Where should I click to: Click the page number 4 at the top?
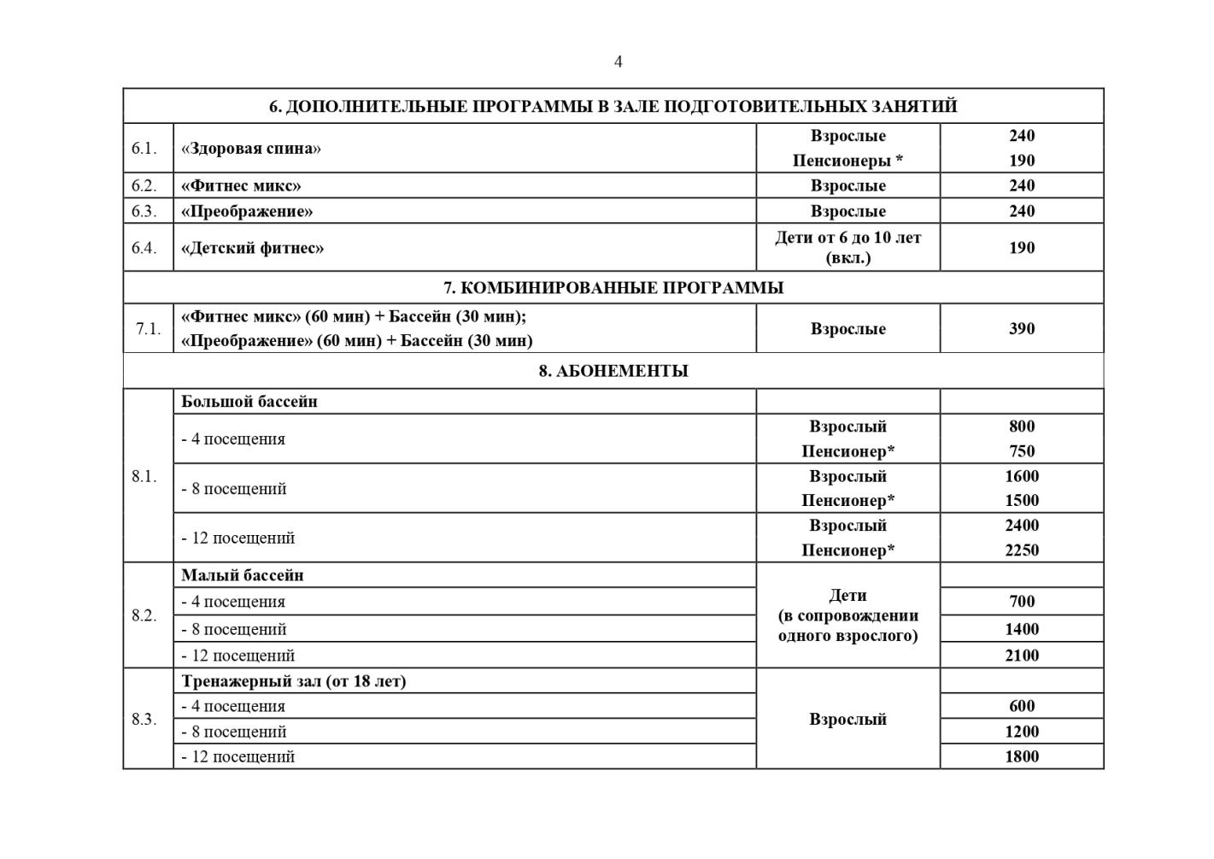(x=618, y=62)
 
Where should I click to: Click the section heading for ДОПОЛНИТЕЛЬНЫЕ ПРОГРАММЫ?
(x=613, y=107)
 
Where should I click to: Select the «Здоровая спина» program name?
(x=250, y=148)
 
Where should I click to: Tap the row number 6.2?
(x=144, y=185)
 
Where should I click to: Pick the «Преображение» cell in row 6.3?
(x=247, y=211)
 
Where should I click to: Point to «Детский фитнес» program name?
(x=252, y=248)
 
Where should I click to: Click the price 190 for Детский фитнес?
(x=1021, y=248)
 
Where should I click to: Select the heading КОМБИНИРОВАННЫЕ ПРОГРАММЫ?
(x=613, y=288)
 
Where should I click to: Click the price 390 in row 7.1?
(x=1021, y=329)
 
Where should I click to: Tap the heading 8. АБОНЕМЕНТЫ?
(x=613, y=371)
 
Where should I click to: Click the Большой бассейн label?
(x=249, y=402)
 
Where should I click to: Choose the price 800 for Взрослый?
(x=1021, y=427)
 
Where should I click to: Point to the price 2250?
(x=1021, y=550)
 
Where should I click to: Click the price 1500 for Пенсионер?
(x=1021, y=501)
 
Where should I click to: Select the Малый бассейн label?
(x=242, y=575)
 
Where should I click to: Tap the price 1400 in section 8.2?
(x=1021, y=630)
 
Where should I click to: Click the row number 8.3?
(x=144, y=720)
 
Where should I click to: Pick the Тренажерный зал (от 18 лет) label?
(x=293, y=681)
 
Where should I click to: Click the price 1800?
(x=1021, y=756)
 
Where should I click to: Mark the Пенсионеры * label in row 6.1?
(x=847, y=161)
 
